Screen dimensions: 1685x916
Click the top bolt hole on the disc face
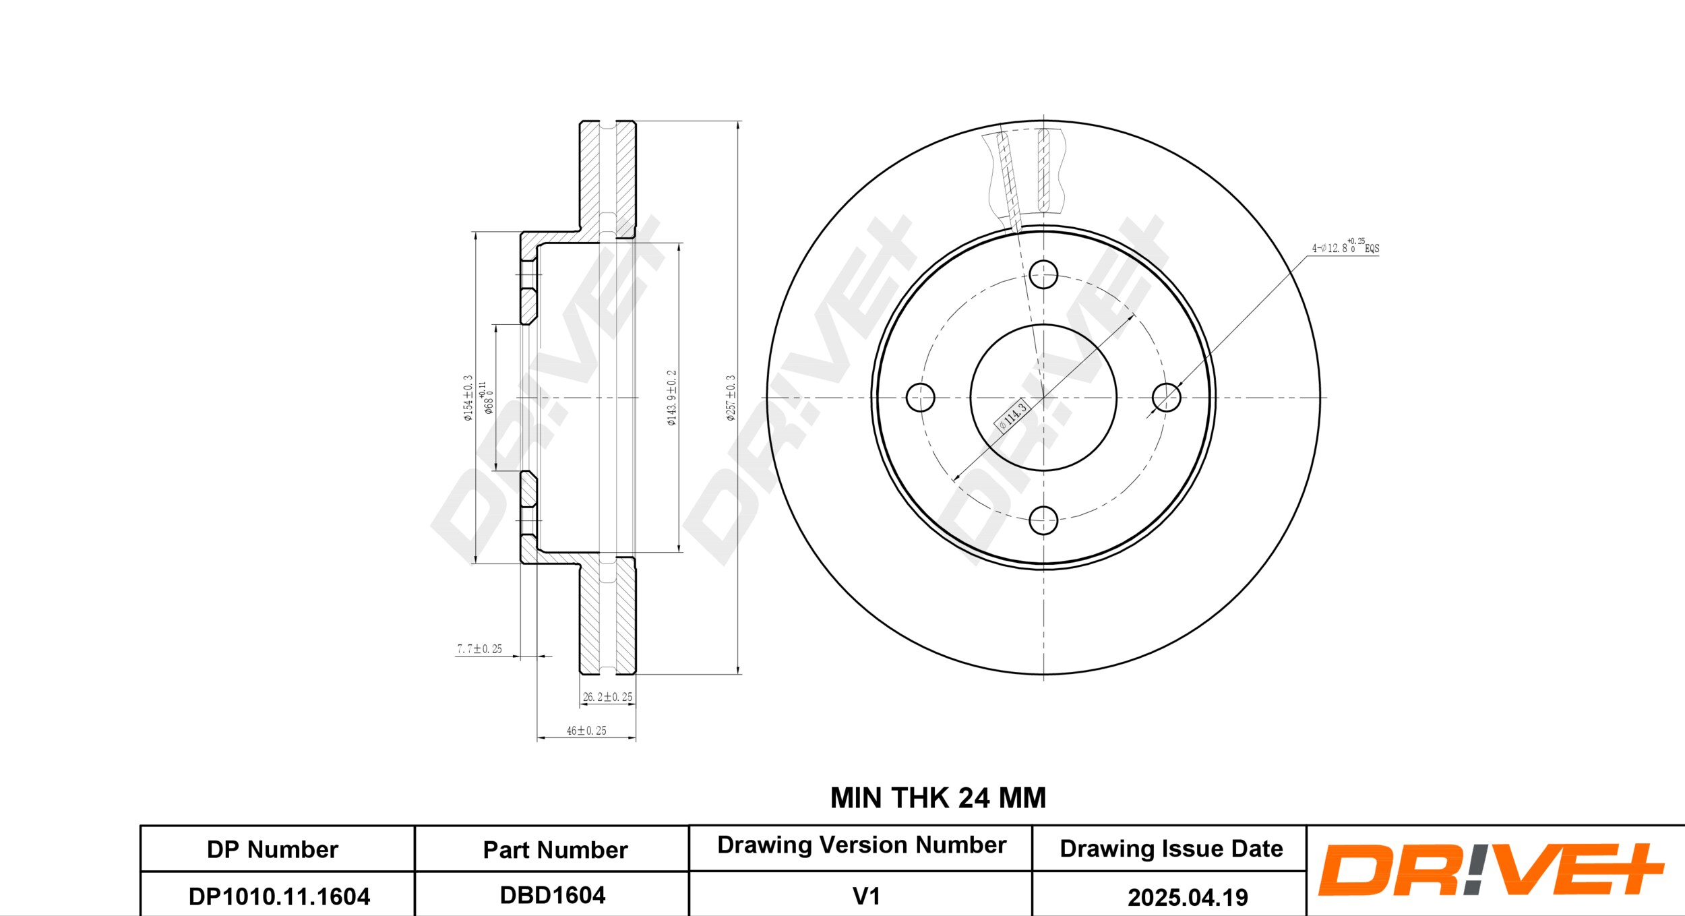[1043, 274]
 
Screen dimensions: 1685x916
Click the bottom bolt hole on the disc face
[1043, 520]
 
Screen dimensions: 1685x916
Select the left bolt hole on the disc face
[920, 397]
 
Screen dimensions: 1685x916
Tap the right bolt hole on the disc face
[1167, 397]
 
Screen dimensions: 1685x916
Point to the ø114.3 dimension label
[1012, 416]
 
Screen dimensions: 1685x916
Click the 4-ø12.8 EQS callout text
[1345, 247]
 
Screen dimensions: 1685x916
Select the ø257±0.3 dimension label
[731, 398]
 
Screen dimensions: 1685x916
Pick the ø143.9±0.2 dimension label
[671, 398]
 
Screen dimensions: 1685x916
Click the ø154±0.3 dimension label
[468, 398]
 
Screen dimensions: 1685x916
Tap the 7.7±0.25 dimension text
[479, 649]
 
